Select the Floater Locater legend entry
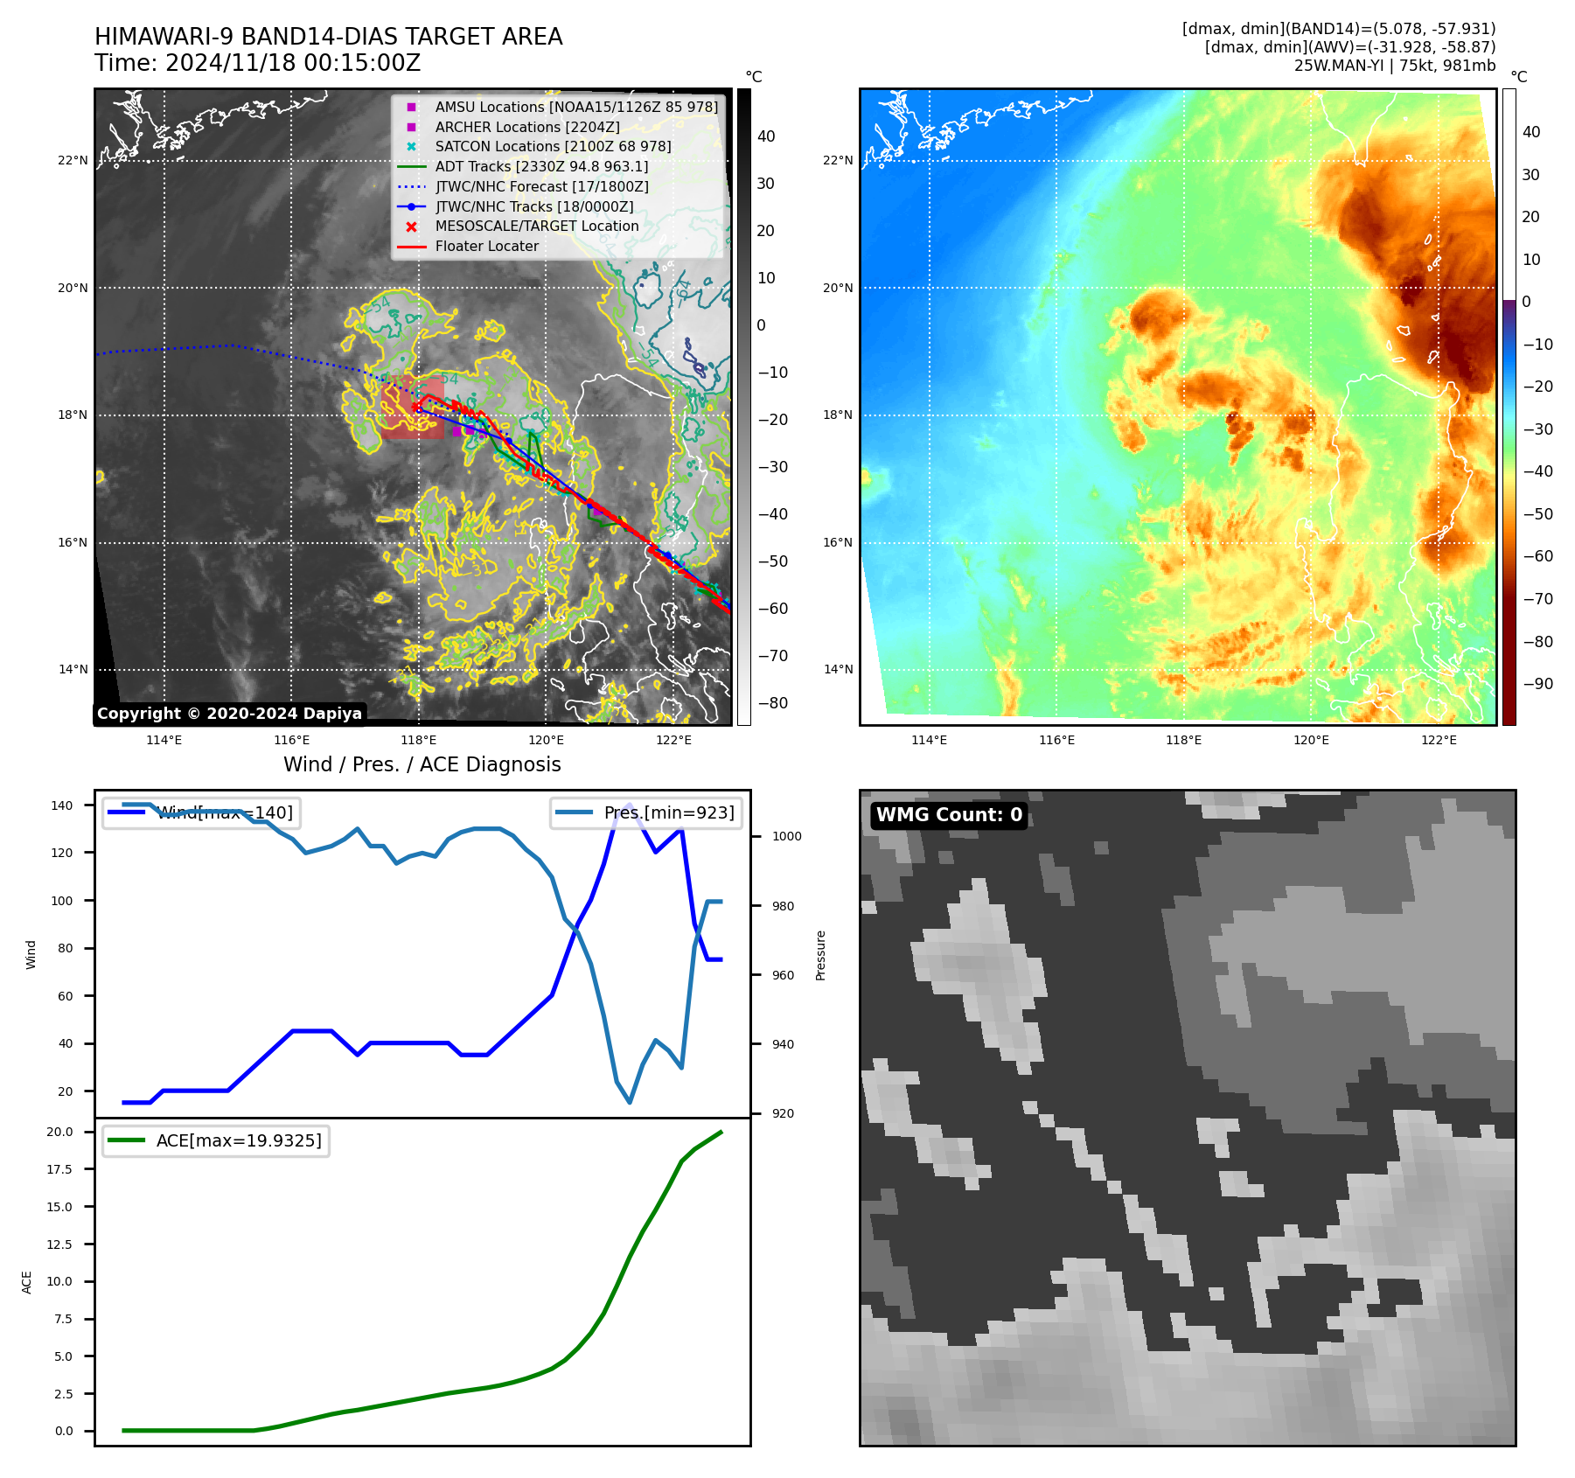(486, 246)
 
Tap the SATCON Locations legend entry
(553, 146)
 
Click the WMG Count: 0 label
(949, 815)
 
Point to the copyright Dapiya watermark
(229, 714)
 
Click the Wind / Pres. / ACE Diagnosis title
(422, 764)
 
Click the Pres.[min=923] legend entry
(668, 812)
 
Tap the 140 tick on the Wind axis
(62, 805)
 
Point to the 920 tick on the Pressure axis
(783, 1113)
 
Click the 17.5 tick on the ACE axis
(59, 1169)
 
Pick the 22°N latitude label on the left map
(73, 160)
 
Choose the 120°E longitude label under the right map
(1311, 740)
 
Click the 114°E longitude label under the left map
(164, 740)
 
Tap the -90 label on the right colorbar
(1537, 684)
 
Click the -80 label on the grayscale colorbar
(772, 703)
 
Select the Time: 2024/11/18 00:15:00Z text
(258, 63)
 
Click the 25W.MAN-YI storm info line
(1394, 66)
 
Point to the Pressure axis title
(820, 955)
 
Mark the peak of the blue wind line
(629, 805)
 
